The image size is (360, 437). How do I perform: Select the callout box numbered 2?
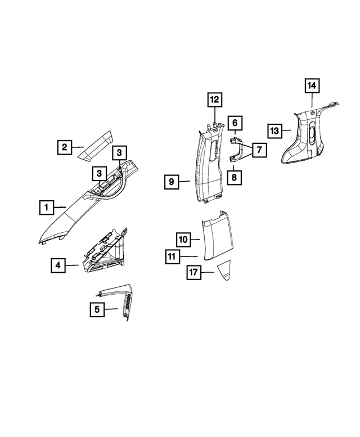pos(65,148)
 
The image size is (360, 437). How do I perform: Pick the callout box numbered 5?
pos(97,309)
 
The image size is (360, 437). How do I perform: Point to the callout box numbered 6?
pos(235,122)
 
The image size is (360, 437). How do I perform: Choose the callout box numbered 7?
pos(259,150)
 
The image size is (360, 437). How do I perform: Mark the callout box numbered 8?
pos(235,176)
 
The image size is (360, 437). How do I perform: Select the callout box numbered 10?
pos(183,240)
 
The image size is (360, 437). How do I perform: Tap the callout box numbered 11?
pos(172,258)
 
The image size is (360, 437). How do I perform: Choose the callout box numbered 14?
pos(312,86)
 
